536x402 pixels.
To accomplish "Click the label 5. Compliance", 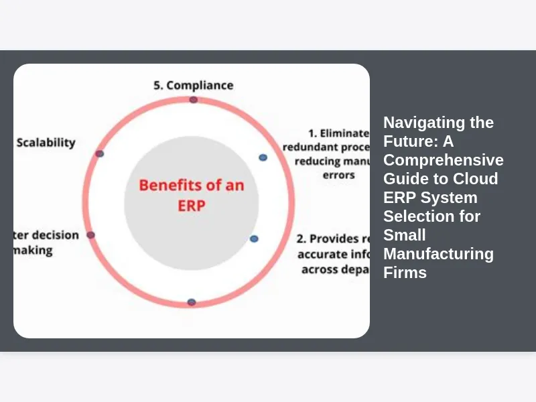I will (193, 85).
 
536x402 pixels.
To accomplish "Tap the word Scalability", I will (46, 142).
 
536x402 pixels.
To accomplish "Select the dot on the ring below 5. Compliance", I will (193, 100).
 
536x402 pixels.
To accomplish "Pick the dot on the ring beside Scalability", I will (100, 153).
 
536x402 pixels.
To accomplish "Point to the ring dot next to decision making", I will (91, 235).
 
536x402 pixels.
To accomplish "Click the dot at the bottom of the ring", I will (192, 302).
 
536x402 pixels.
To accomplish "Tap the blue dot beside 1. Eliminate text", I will (263, 157).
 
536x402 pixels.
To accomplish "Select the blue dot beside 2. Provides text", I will (254, 239).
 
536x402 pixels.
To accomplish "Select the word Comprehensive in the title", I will (444, 160).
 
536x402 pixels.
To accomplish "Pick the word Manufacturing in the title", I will (438, 254).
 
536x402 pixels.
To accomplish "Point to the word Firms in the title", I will (405, 273).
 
